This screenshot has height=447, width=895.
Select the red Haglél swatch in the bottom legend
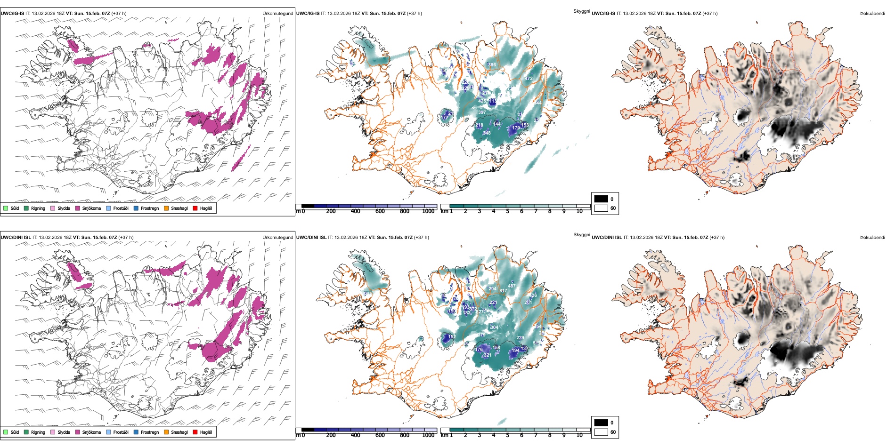(195, 432)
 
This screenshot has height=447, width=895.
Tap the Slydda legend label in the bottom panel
(64, 432)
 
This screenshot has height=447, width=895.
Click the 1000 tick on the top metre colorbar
(428, 211)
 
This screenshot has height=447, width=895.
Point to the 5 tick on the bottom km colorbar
(507, 435)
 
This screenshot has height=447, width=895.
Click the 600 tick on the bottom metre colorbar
(380, 435)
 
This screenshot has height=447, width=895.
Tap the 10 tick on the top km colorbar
(579, 211)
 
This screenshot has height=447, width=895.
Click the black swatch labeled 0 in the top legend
(601, 199)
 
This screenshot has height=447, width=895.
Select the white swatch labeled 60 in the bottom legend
(601, 432)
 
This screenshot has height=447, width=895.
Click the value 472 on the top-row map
(529, 79)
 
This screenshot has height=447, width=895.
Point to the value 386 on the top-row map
(492, 65)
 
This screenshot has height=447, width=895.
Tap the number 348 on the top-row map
(487, 133)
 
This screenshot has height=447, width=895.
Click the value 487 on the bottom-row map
(512, 286)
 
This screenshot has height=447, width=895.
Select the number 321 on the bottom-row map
(488, 355)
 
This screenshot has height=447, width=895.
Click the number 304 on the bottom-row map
(494, 327)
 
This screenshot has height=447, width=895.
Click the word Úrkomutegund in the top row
(277, 14)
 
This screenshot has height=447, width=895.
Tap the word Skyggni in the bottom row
(581, 235)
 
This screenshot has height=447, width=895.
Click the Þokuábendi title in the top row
(872, 14)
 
